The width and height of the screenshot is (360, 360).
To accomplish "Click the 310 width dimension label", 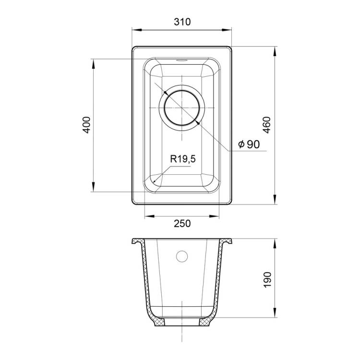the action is pos(182,22).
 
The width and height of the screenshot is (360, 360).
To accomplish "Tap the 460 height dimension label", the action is pos(266,125).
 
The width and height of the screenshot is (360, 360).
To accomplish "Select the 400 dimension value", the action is pos(86,125).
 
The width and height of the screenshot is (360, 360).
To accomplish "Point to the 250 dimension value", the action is pos(182,223).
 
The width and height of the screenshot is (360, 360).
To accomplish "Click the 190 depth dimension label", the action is pos(267,280).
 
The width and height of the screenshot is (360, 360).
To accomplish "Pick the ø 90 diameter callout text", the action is pos(249,144).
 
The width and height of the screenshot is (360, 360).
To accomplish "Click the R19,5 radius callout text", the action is pos(183,159).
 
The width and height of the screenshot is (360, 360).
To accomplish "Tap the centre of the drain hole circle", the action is pos(182,108).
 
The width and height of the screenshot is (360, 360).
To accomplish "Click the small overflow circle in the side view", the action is pos(182,256).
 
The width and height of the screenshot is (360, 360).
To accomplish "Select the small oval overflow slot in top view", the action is pos(182,60).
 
